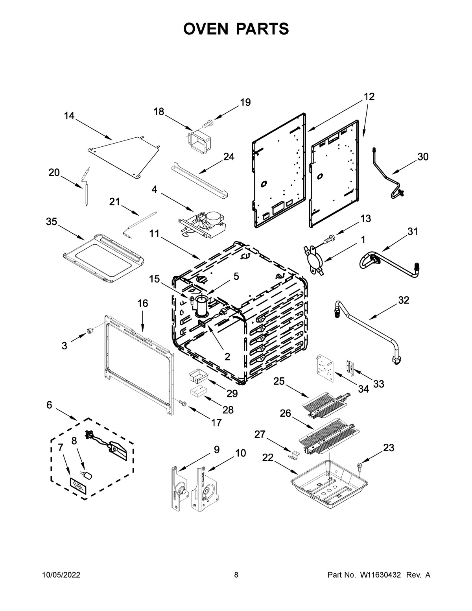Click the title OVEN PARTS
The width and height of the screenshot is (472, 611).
[236, 29]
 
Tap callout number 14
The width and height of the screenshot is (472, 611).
[69, 116]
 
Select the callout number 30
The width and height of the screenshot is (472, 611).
[422, 157]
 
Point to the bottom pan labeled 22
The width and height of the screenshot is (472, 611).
[329, 482]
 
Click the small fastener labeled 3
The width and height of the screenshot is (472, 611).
[90, 332]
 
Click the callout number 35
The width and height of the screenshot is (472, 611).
[52, 222]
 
